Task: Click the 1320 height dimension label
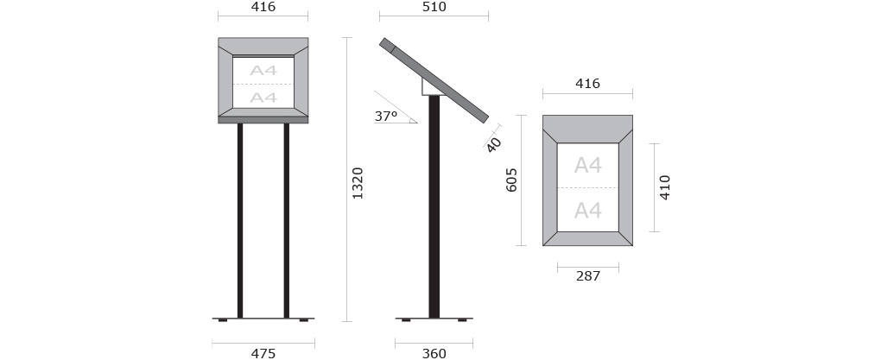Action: pyautogui.click(x=358, y=183)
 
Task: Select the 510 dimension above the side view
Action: pyautogui.click(x=434, y=7)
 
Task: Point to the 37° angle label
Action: pyautogui.click(x=386, y=117)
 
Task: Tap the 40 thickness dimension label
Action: pyautogui.click(x=493, y=144)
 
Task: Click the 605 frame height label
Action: pyautogui.click(x=511, y=180)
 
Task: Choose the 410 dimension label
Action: pyautogui.click(x=665, y=187)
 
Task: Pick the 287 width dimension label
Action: pyautogui.click(x=587, y=275)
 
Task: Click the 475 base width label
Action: pyautogui.click(x=263, y=353)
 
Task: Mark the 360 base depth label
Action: pyautogui.click(x=434, y=353)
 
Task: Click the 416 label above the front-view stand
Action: pyautogui.click(x=263, y=7)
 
